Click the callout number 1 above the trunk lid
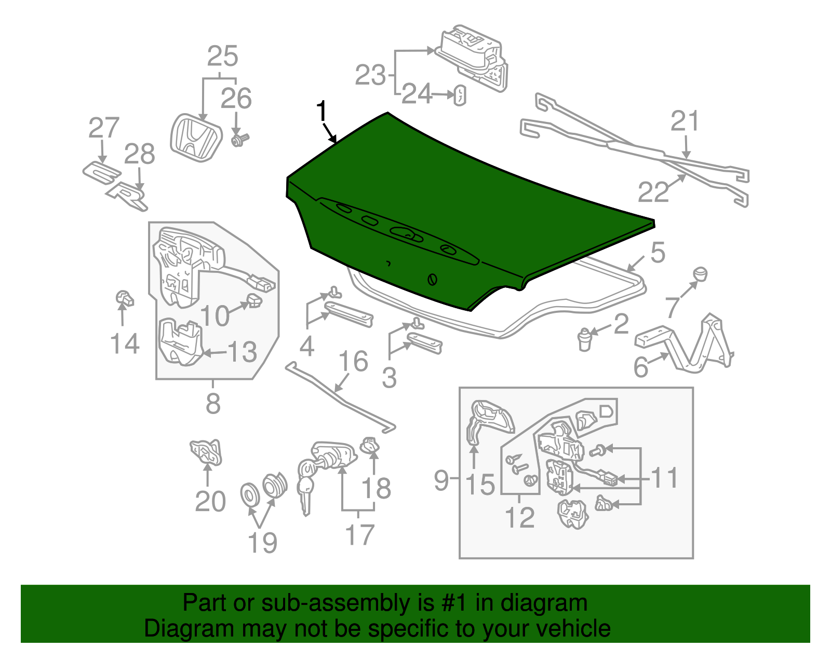(322, 112)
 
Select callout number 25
(222, 56)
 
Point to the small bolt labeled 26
(240, 140)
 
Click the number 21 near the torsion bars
(685, 121)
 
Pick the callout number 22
(653, 192)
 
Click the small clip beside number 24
(460, 96)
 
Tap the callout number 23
(370, 75)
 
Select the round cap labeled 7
(700, 273)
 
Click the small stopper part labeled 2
(585, 340)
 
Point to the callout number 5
(658, 253)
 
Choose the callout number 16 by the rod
(353, 361)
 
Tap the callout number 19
(262, 543)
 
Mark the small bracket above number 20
(207, 451)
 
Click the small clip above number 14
(124, 299)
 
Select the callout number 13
(243, 352)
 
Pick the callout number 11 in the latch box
(664, 478)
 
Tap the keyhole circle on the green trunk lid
(432, 279)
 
